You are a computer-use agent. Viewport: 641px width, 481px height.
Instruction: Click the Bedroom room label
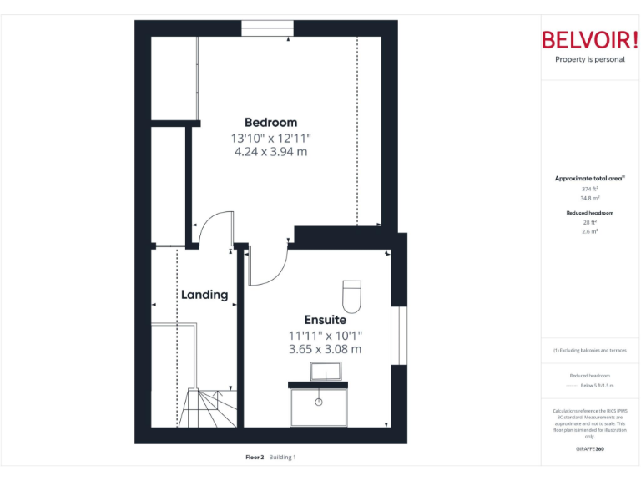[270, 123]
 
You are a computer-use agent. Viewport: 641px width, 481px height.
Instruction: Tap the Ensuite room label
[325, 319]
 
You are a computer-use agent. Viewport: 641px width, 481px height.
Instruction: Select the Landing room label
[204, 295]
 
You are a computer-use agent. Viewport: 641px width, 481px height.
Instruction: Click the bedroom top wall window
[267, 28]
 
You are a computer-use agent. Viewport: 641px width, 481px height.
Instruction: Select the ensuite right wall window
[399, 337]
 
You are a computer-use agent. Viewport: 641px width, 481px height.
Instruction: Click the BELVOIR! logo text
[589, 40]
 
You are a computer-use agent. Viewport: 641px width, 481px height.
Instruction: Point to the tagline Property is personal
[589, 60]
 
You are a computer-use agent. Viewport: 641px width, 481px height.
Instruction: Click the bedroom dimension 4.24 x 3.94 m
[270, 152]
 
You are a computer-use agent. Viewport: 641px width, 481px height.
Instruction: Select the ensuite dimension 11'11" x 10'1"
[325, 335]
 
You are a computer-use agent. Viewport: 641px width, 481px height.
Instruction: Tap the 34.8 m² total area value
[589, 198]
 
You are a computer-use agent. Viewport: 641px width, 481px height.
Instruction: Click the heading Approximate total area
[589, 178]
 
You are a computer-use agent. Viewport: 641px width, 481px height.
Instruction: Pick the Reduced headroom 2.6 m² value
[589, 230]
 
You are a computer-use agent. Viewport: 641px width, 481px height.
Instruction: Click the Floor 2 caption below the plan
[255, 457]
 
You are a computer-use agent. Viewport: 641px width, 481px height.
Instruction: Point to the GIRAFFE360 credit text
[589, 449]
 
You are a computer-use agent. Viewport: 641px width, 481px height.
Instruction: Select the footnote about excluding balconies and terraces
[589, 350]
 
